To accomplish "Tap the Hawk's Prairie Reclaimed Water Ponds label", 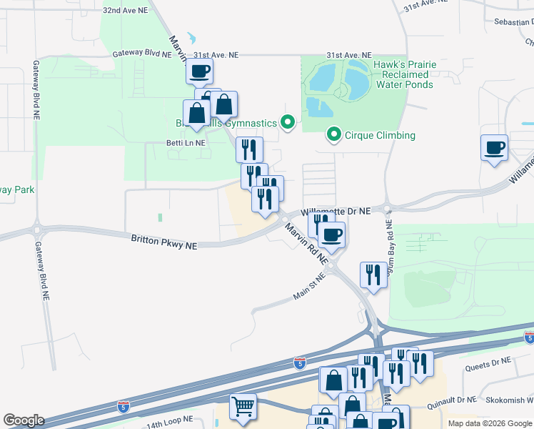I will [x=404, y=74].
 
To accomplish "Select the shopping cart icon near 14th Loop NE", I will [x=243, y=407].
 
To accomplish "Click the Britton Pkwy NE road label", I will [x=163, y=242].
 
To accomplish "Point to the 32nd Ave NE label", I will [x=124, y=11].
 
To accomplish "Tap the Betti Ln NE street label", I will [x=186, y=142].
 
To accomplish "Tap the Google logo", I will [x=24, y=420].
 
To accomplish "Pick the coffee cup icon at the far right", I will [x=494, y=148].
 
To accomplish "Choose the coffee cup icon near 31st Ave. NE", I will [x=200, y=71].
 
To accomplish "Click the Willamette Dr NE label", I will [x=336, y=212].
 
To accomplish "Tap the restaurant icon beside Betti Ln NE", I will [x=249, y=149].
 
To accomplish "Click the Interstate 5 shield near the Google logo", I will [x=124, y=406].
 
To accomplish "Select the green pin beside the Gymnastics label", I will [x=287, y=123].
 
